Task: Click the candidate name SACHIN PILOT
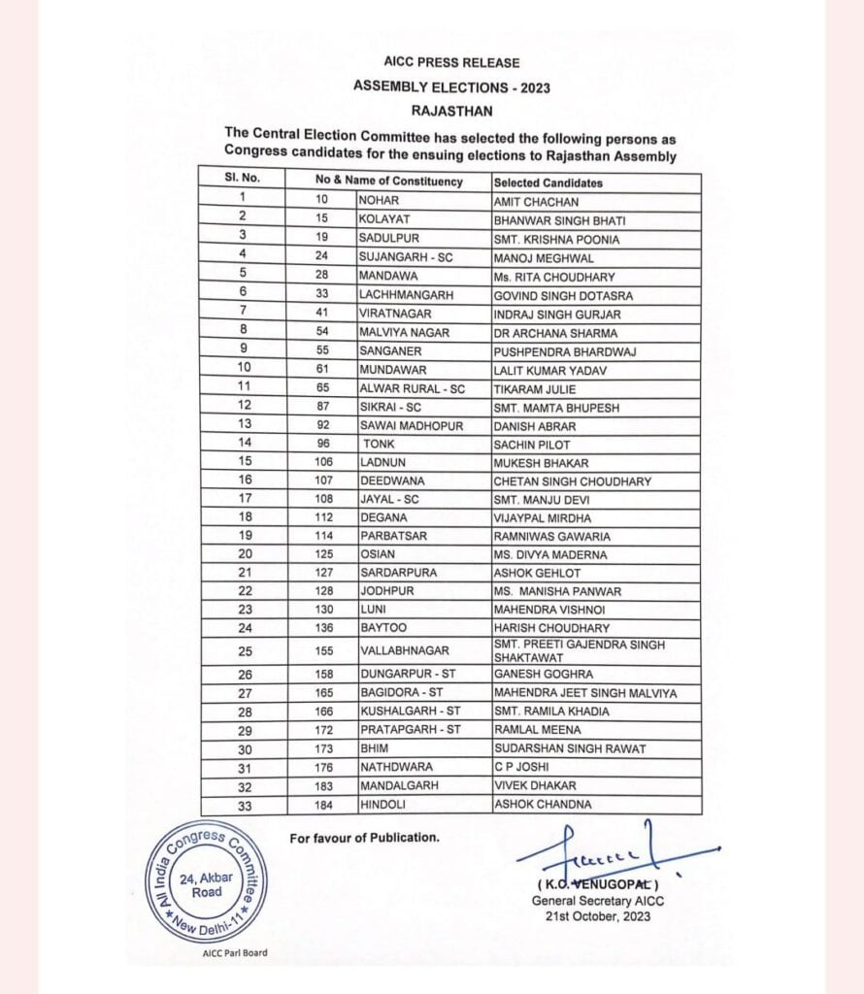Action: (532, 445)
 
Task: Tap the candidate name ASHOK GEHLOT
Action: (536, 573)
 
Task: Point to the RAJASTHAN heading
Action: (451, 111)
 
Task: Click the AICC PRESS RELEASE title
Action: (451, 62)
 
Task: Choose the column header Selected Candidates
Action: (548, 182)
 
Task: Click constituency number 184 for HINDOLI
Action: (324, 805)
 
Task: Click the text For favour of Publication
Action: (364, 837)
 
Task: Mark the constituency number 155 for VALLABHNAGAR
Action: (324, 651)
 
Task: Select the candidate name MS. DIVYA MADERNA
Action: (550, 554)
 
